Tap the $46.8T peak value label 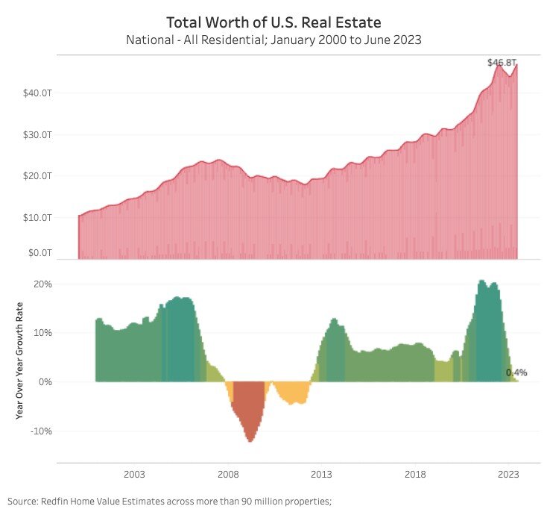point(502,63)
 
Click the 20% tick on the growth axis point(41,284)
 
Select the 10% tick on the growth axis point(41,333)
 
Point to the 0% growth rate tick point(44,382)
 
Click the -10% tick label point(39,431)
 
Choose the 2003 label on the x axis point(134,475)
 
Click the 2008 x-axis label point(228,475)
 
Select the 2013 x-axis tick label point(321,475)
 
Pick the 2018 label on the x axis point(415,475)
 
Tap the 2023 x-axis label point(509,475)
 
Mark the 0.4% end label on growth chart point(516,372)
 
